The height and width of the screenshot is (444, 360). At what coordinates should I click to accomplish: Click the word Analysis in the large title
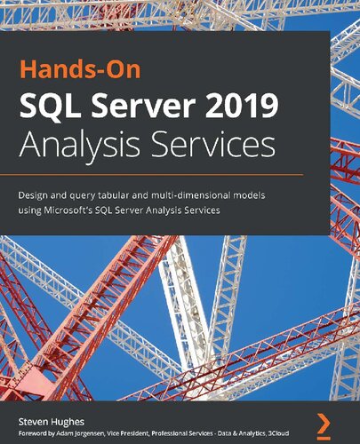tap(91, 143)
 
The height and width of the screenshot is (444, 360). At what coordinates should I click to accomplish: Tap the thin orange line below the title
tap(165, 172)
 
